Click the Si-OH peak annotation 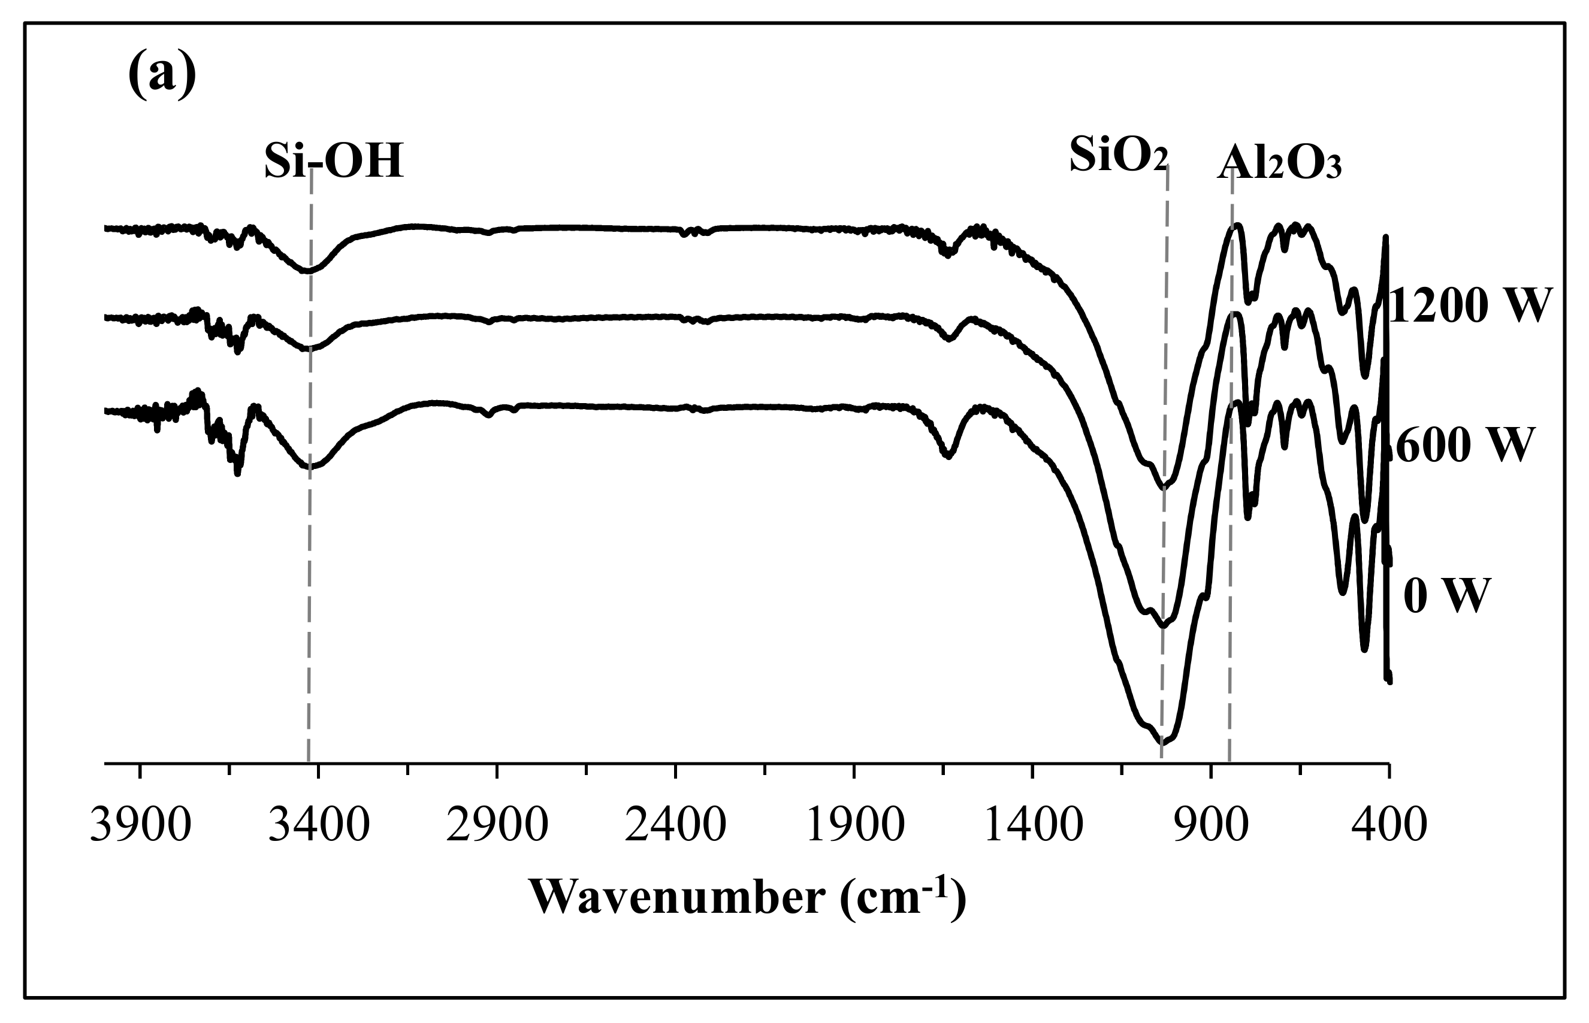(334, 162)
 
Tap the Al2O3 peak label (1279, 165)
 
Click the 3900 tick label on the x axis (140, 827)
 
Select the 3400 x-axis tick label (318, 827)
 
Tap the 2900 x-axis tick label (497, 827)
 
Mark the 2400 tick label (675, 827)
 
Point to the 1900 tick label (853, 827)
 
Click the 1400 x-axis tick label (1032, 827)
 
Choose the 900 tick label (1210, 827)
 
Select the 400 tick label (1388, 827)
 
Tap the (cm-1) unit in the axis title (902, 898)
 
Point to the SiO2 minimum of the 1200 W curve (1164, 487)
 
